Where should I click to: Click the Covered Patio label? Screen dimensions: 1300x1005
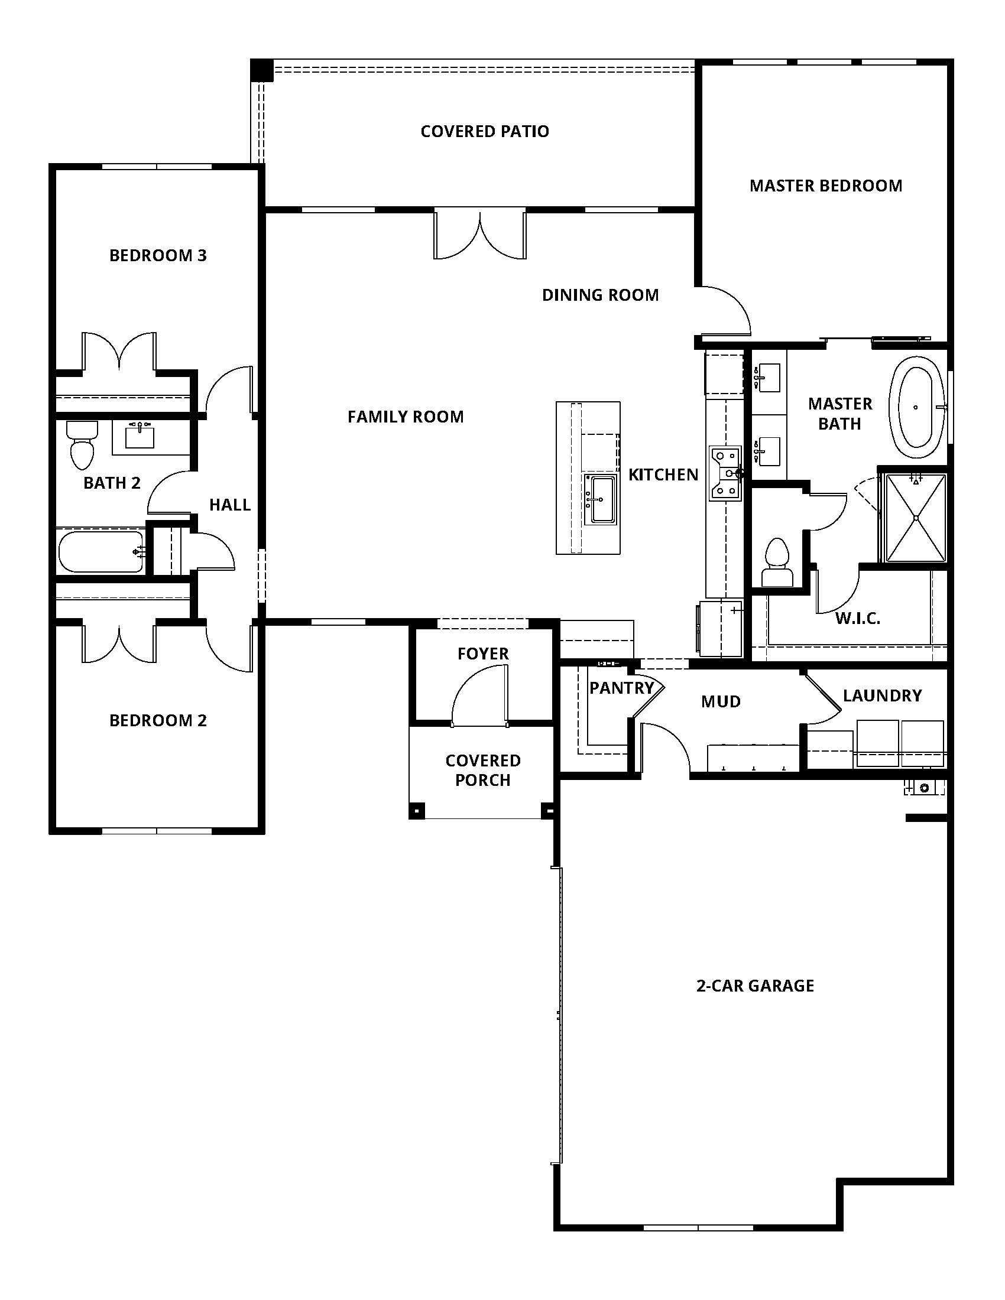click(x=484, y=131)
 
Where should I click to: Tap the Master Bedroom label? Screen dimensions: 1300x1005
click(x=825, y=186)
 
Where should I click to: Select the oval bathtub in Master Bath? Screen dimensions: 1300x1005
click(x=916, y=407)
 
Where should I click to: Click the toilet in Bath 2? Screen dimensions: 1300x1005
click(x=82, y=446)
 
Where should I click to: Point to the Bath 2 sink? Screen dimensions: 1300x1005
click(x=140, y=435)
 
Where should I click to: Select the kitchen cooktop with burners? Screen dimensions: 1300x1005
click(x=725, y=473)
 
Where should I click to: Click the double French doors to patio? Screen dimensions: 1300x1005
click(x=480, y=235)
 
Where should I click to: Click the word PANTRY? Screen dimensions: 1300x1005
click(x=621, y=688)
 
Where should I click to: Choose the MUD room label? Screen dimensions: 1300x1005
click(x=721, y=701)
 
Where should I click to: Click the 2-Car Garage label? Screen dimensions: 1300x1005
click(x=754, y=986)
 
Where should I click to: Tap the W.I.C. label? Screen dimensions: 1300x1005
click(x=857, y=619)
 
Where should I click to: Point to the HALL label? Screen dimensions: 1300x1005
click(x=229, y=505)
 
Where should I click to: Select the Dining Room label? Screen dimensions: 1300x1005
click(x=599, y=295)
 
